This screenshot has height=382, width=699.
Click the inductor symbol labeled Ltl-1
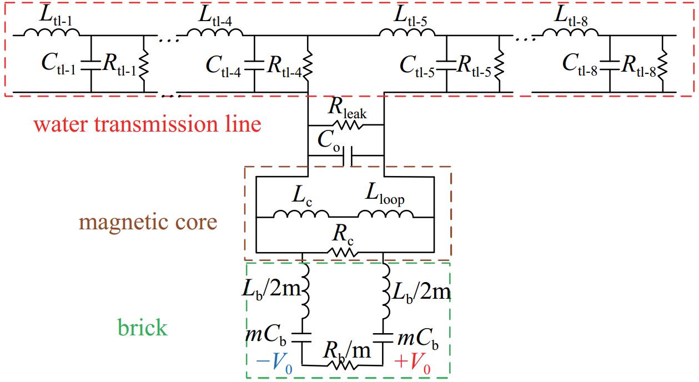pos(52,32)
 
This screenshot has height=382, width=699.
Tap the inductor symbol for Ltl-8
pos(570,32)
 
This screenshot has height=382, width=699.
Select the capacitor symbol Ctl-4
pos(254,65)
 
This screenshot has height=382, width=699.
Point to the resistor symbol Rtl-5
pos(499,64)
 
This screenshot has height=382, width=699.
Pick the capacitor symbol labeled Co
pos(348,155)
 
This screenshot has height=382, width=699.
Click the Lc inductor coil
pos(301,214)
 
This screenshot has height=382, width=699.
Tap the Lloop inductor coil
pos(385,214)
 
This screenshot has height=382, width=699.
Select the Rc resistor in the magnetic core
pos(343,252)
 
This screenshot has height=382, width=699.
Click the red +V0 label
pos(413,363)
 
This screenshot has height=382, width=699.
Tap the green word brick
pos(143,328)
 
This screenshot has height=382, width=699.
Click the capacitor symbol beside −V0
pos(302,338)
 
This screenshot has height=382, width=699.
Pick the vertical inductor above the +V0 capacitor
pos(386,290)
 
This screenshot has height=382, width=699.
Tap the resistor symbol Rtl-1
pos(144,64)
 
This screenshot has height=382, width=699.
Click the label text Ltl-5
pos(410,16)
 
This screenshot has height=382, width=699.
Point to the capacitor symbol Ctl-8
pos(610,65)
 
